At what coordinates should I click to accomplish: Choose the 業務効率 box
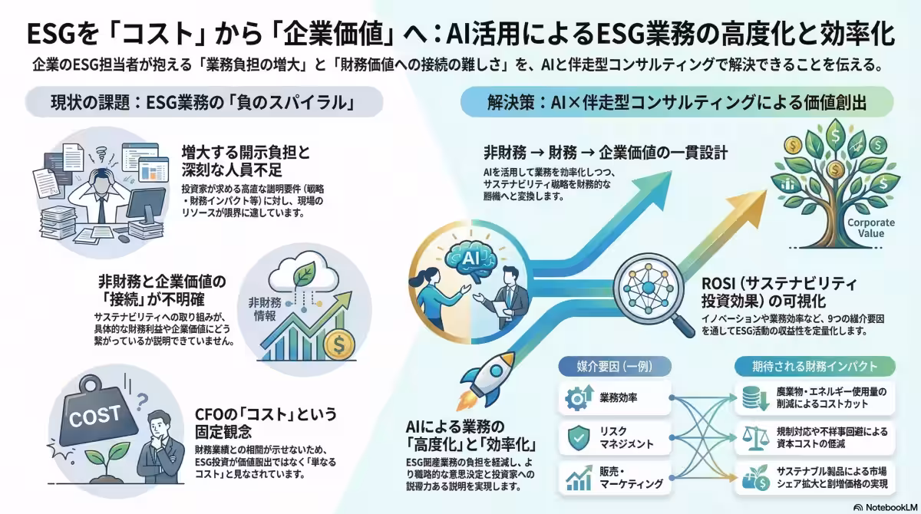[611, 398]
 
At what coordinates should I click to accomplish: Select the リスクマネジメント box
[611, 438]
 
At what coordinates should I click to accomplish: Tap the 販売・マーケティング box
[611, 479]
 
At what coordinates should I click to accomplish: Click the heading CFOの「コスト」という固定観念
[265, 423]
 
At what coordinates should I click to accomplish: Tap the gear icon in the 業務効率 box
[576, 398]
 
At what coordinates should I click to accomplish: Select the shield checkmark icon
[576, 438]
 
